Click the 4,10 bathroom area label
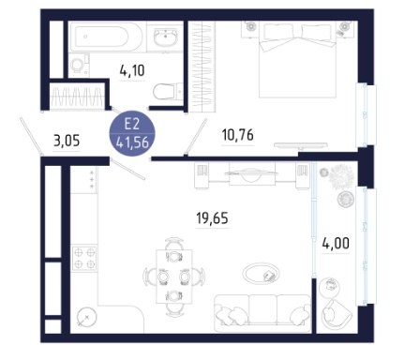[132, 70]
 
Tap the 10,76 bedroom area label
[237, 135]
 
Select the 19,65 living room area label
[212, 217]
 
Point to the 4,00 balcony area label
[336, 243]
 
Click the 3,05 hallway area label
[67, 141]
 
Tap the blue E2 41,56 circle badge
[132, 133]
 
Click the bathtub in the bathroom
[107, 37]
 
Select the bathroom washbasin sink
[166, 37]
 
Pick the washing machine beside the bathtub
[79, 65]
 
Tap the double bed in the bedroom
[297, 59]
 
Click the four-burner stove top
[84, 258]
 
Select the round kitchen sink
[87, 317]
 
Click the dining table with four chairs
[174, 277]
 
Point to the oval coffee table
[262, 274]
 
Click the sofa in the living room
[262, 313]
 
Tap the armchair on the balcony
[337, 314]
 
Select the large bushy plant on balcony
[341, 177]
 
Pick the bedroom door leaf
[196, 137]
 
